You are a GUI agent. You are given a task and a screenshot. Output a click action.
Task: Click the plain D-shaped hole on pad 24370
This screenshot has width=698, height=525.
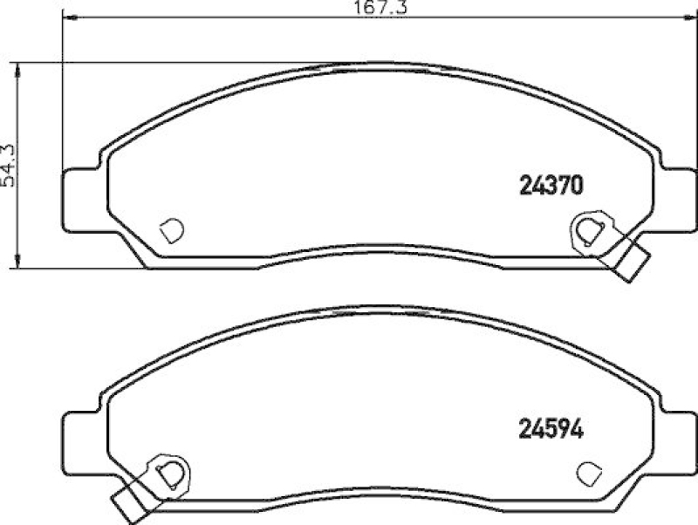[173, 229]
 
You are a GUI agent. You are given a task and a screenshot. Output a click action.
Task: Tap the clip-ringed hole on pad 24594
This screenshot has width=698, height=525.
[171, 472]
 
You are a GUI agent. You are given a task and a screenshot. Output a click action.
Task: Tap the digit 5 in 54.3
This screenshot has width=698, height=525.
[10, 181]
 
